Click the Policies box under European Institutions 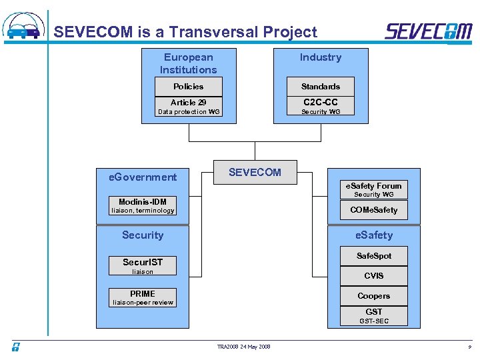[188, 87]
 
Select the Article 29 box [188, 102]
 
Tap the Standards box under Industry [320, 87]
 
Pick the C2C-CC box [320, 102]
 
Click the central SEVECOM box [255, 172]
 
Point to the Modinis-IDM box [143, 202]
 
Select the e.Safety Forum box [373, 186]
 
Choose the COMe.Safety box [373, 210]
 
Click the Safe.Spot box [373, 256]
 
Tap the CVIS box [373, 276]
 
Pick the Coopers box [373, 296]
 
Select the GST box [373, 311]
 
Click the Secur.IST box [143, 262]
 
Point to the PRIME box [143, 294]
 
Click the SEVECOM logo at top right [428, 31]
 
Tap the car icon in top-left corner [24, 27]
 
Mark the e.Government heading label [143, 177]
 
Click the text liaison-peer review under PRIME [143, 303]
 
